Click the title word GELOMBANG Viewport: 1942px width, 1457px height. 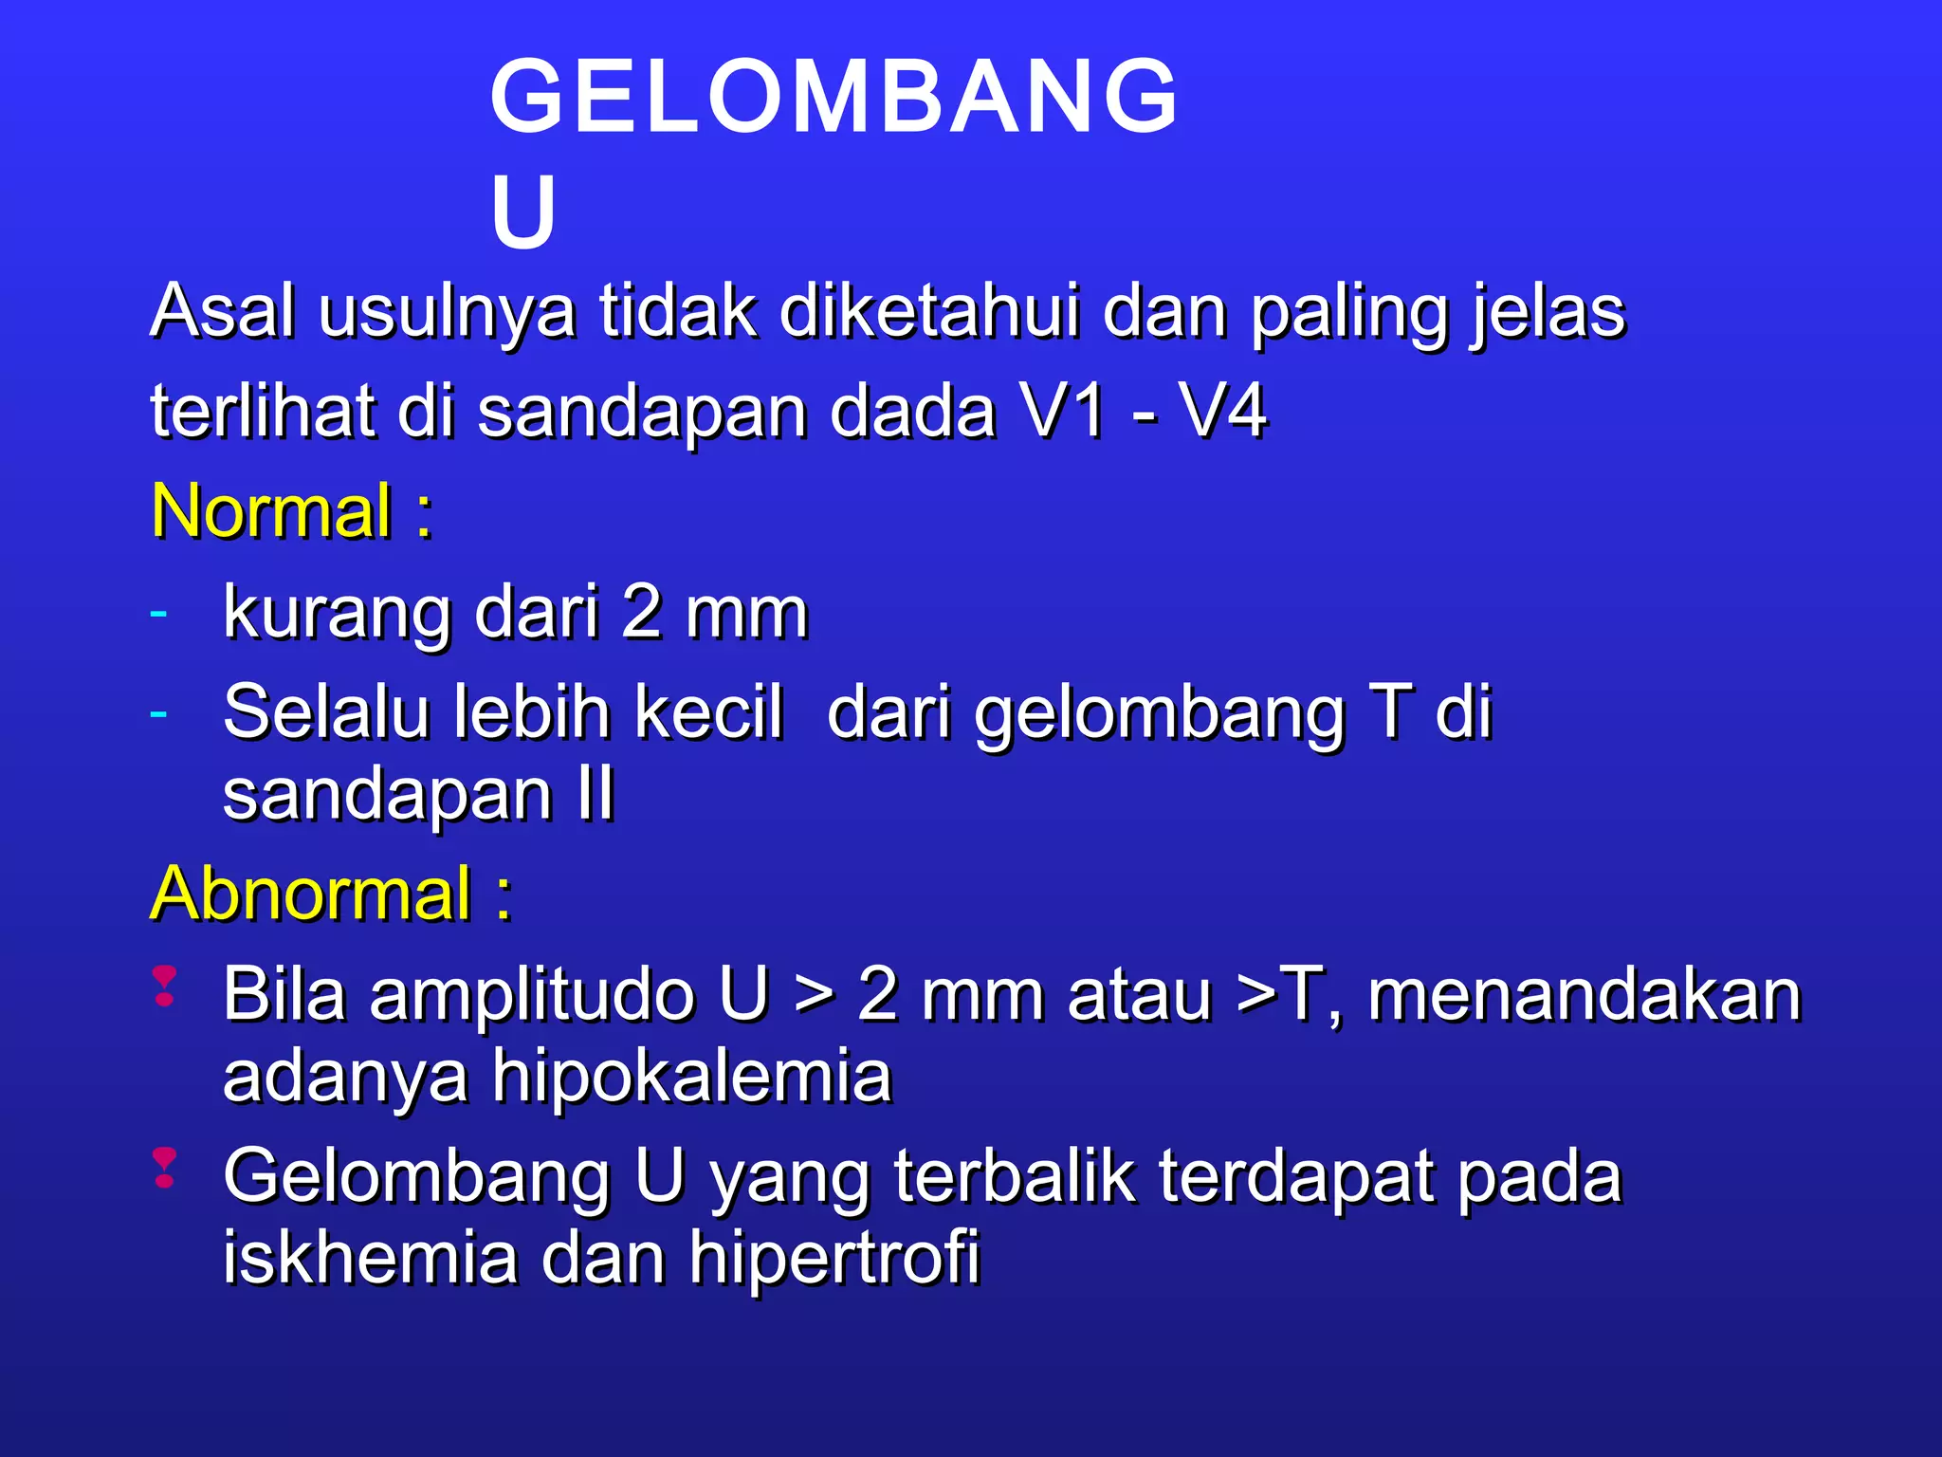(x=834, y=96)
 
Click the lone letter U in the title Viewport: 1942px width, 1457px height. (x=522, y=212)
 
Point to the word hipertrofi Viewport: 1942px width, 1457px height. (x=834, y=1257)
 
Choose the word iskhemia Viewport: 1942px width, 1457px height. (x=371, y=1257)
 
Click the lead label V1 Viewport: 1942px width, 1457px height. (x=1062, y=412)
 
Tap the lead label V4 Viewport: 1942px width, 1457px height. (x=1222, y=412)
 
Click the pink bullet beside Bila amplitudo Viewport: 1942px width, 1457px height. (x=165, y=987)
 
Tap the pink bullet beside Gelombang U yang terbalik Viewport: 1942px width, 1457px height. (x=165, y=1168)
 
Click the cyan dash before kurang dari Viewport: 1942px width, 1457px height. (x=158, y=613)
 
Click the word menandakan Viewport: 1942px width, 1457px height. (x=1584, y=995)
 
